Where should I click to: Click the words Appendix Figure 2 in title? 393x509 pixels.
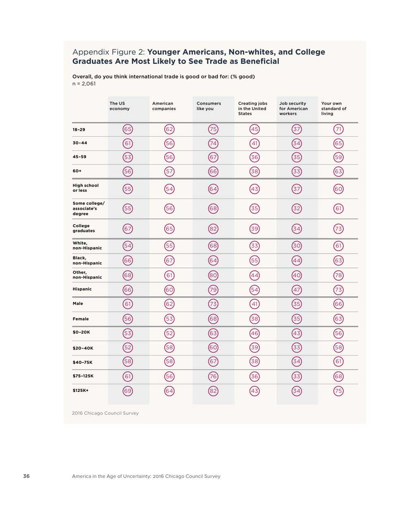pos(108,53)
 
